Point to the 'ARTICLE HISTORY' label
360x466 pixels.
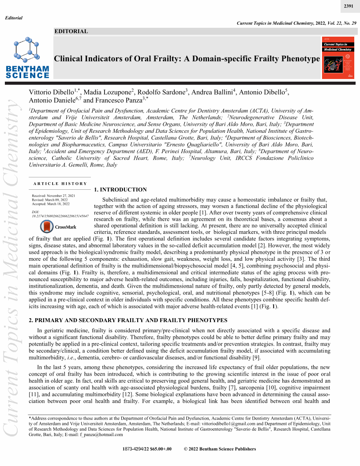coord(60,184)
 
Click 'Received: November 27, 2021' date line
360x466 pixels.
coord(53,195)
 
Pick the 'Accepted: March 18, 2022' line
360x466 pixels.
coord(51,203)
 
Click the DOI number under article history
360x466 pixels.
coord(60,216)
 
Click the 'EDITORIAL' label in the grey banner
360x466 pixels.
coord(71,31)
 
